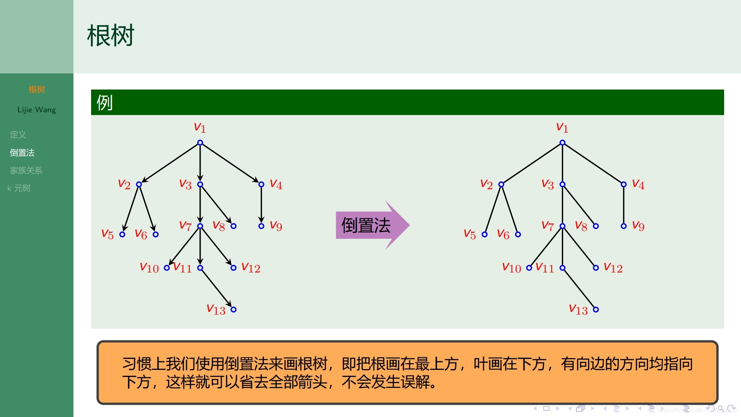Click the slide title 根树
pyautogui.click(x=110, y=36)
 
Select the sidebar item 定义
pyautogui.click(x=18, y=135)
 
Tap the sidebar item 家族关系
pyautogui.click(x=26, y=170)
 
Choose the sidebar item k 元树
pyautogui.click(x=19, y=188)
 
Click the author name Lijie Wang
pyautogui.click(x=37, y=110)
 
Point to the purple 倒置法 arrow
pyautogui.click(x=371, y=225)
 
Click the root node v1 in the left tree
pyautogui.click(x=200, y=143)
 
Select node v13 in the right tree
pyautogui.click(x=596, y=309)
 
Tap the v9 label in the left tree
pyautogui.click(x=276, y=226)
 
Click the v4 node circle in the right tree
pyautogui.click(x=624, y=184)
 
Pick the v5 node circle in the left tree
pyautogui.click(x=123, y=234)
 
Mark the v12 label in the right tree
pyautogui.click(x=613, y=268)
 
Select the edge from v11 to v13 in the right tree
pyautogui.click(x=579, y=289)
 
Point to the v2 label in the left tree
pyautogui.click(x=124, y=184)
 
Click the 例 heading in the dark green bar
pyautogui.click(x=104, y=102)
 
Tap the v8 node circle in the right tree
pyautogui.click(x=596, y=226)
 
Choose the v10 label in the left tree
pyautogui.click(x=149, y=268)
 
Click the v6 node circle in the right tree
pyautogui.click(x=518, y=234)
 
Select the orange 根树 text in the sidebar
pyautogui.click(x=37, y=90)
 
